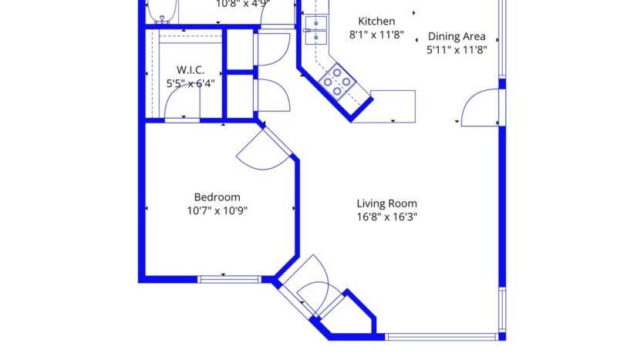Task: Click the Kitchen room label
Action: tap(377, 22)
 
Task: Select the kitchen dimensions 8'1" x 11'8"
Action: tap(377, 35)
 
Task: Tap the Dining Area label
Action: tap(457, 36)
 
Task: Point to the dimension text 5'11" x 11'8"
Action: tap(457, 49)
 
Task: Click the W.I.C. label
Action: tap(190, 70)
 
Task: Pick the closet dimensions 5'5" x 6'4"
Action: tap(190, 83)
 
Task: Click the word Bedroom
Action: tap(217, 197)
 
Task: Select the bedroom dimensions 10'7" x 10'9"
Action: tap(217, 210)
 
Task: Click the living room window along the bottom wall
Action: tap(441, 337)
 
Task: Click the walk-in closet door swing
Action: tap(182, 118)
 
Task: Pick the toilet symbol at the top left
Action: tap(162, 11)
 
